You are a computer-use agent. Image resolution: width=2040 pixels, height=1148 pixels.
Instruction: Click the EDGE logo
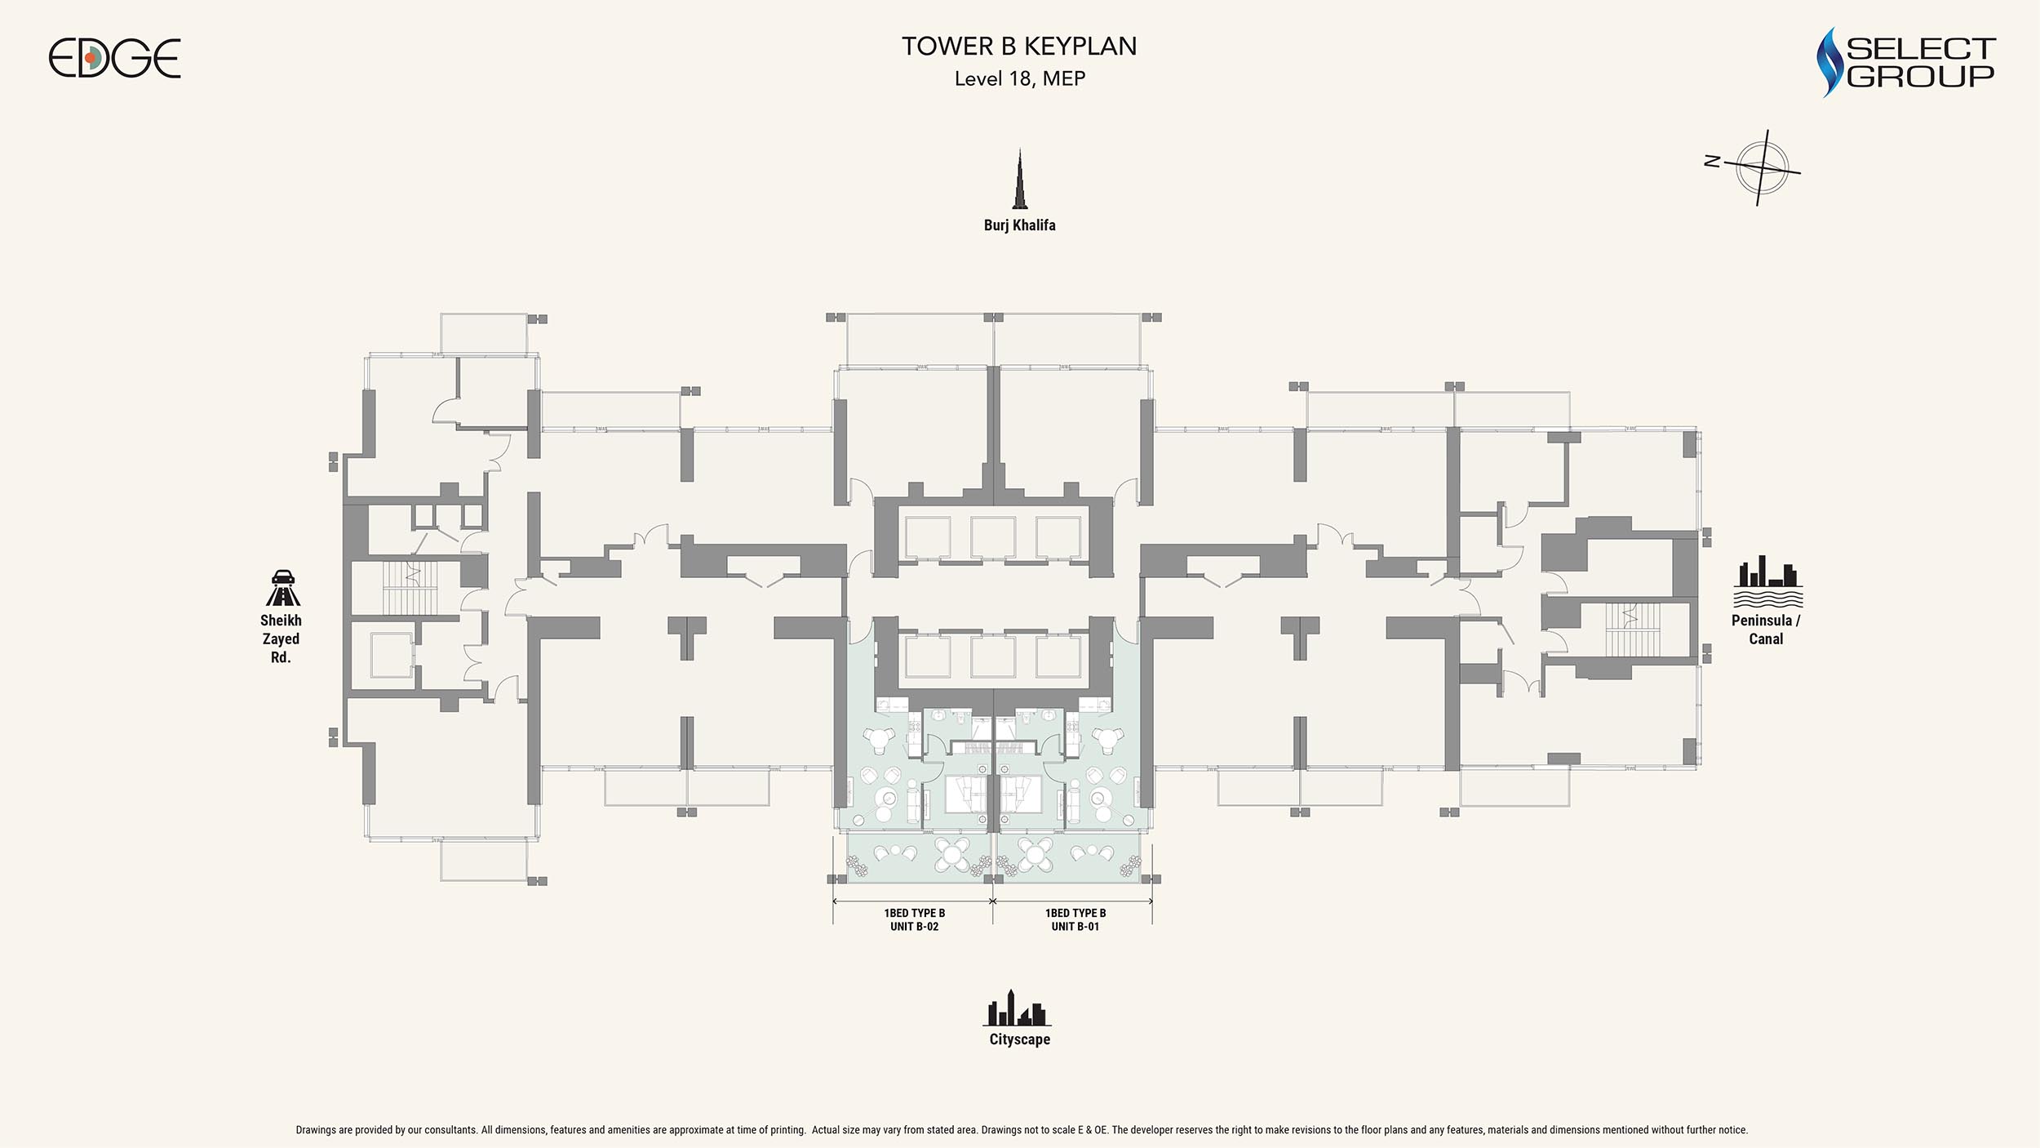114,59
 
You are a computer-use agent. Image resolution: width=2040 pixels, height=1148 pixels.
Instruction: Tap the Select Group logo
1906,62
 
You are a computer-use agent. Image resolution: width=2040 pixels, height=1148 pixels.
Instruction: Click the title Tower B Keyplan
1019,47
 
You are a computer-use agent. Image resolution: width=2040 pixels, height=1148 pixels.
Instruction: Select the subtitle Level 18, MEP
1020,79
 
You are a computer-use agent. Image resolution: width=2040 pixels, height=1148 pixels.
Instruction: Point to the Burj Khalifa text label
1019,225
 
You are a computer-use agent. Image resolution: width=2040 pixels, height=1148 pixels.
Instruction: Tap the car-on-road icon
282,588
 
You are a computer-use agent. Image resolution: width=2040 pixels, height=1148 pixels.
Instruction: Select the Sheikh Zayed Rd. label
281,639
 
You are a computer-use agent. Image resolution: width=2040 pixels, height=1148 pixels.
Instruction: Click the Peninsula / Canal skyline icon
1767,581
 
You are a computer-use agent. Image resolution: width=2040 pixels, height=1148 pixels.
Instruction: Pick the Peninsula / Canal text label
1766,630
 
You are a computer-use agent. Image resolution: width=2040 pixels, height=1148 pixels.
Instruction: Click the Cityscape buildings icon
1017,1008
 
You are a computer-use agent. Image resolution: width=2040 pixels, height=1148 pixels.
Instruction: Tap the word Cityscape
1020,1039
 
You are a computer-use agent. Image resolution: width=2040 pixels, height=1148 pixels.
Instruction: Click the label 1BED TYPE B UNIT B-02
915,919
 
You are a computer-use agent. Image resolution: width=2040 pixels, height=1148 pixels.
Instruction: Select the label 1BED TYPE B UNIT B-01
1075,919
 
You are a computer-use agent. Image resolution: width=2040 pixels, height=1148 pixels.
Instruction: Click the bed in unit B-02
966,793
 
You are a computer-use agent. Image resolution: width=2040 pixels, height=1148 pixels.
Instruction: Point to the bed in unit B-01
1021,793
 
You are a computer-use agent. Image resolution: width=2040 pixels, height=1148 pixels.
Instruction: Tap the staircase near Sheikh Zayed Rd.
410,588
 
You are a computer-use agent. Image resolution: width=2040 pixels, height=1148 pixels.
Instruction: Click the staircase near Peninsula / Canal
1632,630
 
